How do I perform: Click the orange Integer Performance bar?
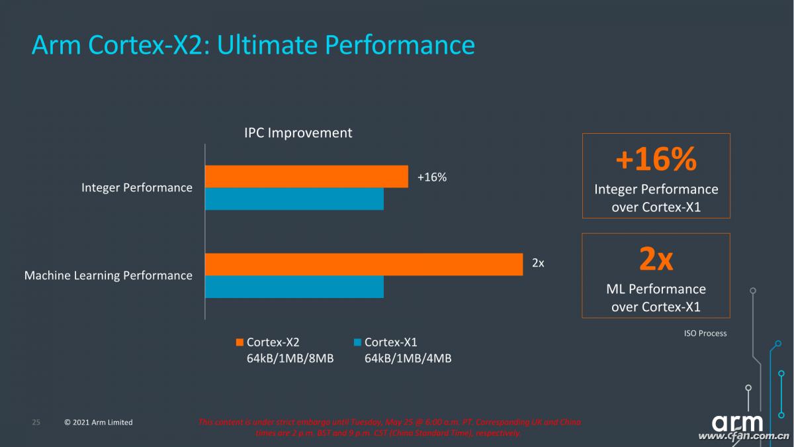click(x=306, y=177)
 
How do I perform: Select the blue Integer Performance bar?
click(x=294, y=199)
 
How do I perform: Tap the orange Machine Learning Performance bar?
click(x=363, y=264)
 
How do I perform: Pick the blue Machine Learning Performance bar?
click(x=294, y=287)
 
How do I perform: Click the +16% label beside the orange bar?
click(x=432, y=177)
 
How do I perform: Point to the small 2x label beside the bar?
click(x=538, y=263)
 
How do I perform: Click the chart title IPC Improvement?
click(x=298, y=132)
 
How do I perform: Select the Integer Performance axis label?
click(x=137, y=187)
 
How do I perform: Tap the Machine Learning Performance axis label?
click(x=109, y=275)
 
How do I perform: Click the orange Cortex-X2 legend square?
click(x=240, y=342)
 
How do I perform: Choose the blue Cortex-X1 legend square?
click(x=357, y=342)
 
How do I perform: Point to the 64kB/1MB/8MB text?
click(x=290, y=358)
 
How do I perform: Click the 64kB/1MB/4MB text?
click(x=408, y=358)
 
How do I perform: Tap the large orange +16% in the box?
click(x=656, y=160)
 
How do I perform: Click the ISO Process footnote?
click(x=705, y=333)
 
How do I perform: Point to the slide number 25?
click(x=36, y=422)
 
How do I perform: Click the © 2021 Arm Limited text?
click(x=99, y=422)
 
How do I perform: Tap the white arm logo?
click(x=737, y=422)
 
